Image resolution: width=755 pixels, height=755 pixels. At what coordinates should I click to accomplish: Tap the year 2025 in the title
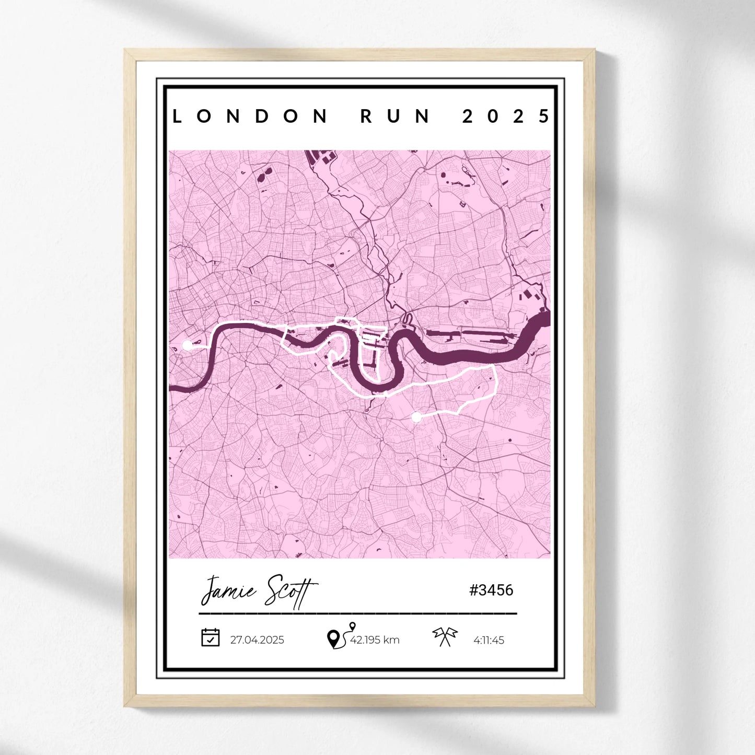506,116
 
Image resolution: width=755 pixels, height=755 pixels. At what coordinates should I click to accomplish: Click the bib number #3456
491,590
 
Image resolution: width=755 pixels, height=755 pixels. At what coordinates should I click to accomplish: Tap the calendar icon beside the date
210,637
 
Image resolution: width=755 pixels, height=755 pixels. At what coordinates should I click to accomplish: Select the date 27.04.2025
257,640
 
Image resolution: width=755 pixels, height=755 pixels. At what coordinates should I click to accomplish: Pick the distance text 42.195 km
375,640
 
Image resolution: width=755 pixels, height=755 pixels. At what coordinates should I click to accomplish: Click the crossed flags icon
445,636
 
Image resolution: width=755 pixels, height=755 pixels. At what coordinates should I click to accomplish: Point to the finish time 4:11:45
489,641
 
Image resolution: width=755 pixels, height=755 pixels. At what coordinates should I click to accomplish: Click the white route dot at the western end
187,345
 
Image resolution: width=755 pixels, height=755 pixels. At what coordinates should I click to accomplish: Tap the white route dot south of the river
416,417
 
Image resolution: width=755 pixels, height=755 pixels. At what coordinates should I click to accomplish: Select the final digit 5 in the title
544,116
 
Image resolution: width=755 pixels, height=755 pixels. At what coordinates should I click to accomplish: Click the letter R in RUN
366,116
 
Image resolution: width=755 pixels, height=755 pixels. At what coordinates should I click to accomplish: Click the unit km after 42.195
391,640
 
